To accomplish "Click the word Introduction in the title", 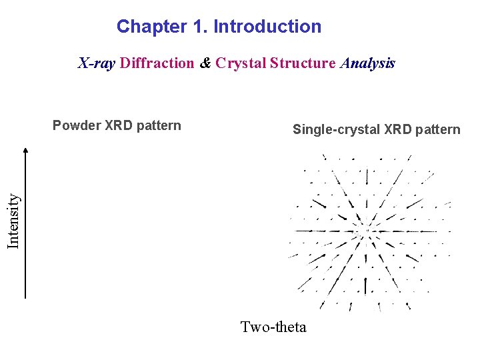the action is [267, 27].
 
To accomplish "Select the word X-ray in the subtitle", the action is [97, 63].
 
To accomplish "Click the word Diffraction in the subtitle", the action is [157, 63].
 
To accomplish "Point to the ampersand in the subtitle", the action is [205, 63].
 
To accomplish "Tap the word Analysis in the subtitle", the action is [367, 63].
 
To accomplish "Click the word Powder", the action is [77, 125].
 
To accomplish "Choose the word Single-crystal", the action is [337, 129].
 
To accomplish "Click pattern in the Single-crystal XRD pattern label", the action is [438, 129].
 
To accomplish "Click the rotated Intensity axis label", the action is [13, 220].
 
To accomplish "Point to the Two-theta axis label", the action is [273, 327].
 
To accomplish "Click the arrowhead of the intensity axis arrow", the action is [25, 151].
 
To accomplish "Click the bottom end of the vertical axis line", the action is [25, 297].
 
